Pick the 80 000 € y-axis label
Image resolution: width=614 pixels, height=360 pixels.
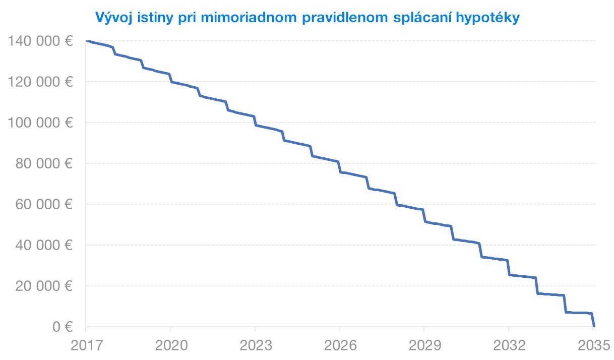tap(45, 163)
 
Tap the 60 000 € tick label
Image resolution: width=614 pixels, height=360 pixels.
tap(45, 204)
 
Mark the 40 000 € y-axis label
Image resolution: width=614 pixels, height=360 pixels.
tap(45, 245)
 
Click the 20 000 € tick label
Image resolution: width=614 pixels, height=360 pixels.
tap(45, 286)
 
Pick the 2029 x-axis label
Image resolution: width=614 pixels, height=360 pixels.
tap(424, 346)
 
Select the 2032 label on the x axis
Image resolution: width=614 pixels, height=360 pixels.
tap(509, 346)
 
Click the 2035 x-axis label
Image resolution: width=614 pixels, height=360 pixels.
tap(593, 346)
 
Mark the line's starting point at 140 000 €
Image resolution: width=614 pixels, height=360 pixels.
tap(87, 41)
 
